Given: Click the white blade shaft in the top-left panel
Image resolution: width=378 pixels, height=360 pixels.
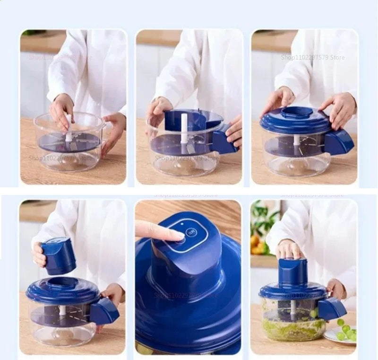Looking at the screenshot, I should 69,128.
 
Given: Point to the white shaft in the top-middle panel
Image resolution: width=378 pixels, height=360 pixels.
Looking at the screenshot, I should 184,128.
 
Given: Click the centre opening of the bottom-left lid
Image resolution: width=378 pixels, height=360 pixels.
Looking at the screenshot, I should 62,283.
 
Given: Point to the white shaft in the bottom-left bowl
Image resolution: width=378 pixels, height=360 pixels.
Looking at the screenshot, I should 62,310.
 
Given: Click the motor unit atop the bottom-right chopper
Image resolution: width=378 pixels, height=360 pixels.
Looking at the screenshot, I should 292,272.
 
